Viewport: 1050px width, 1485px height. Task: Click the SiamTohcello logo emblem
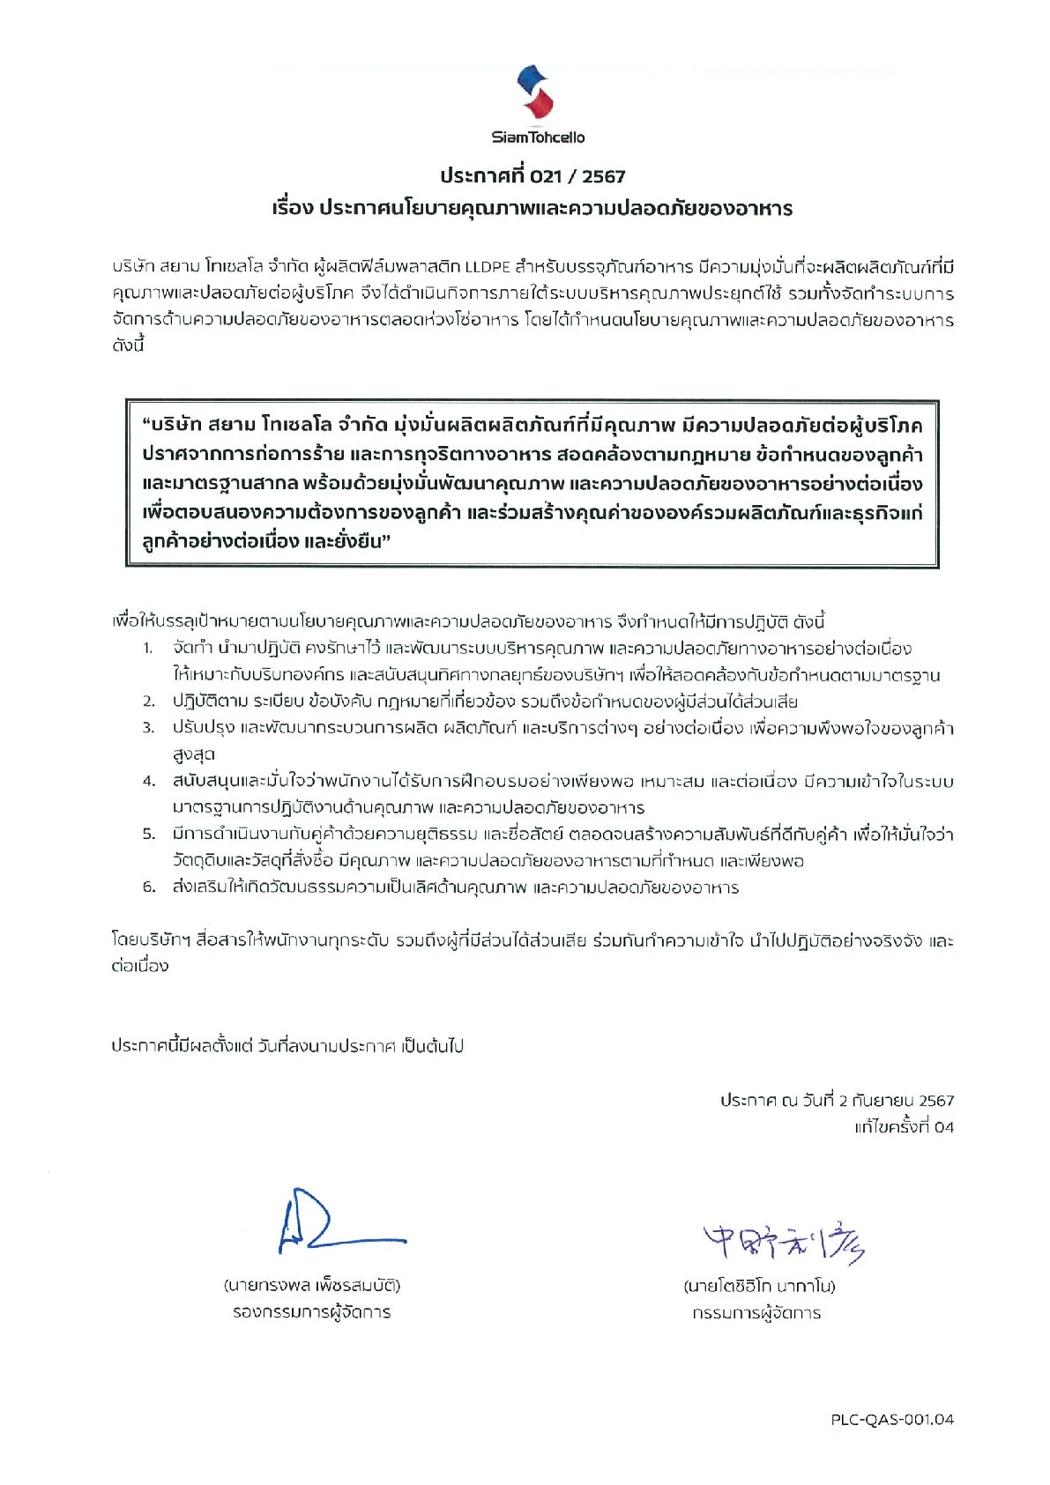[535, 92]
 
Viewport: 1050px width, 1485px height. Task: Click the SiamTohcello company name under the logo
[538, 137]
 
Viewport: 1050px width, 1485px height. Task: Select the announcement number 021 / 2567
[577, 176]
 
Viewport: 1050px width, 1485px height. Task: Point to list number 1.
[148, 649]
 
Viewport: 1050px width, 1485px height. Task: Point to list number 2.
[149, 702]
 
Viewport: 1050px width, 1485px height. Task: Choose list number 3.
[149, 728]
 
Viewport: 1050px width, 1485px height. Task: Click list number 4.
[149, 781]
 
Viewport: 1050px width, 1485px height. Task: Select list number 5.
[149, 834]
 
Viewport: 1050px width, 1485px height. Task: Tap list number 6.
[149, 887]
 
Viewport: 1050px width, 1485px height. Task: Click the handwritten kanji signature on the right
[782, 1243]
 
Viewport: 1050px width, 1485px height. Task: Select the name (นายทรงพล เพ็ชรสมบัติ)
[312, 1285]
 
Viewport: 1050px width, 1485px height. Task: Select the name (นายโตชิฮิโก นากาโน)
[759, 1286]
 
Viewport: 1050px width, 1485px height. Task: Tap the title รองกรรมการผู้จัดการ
[312, 1312]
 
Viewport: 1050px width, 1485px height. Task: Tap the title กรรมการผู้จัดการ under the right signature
[756, 1313]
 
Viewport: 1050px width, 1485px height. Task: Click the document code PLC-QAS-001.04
[892, 1420]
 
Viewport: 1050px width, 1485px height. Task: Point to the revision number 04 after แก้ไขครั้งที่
[943, 1127]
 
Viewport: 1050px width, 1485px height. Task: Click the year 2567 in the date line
[936, 1101]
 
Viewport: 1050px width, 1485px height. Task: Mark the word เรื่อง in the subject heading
[293, 209]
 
